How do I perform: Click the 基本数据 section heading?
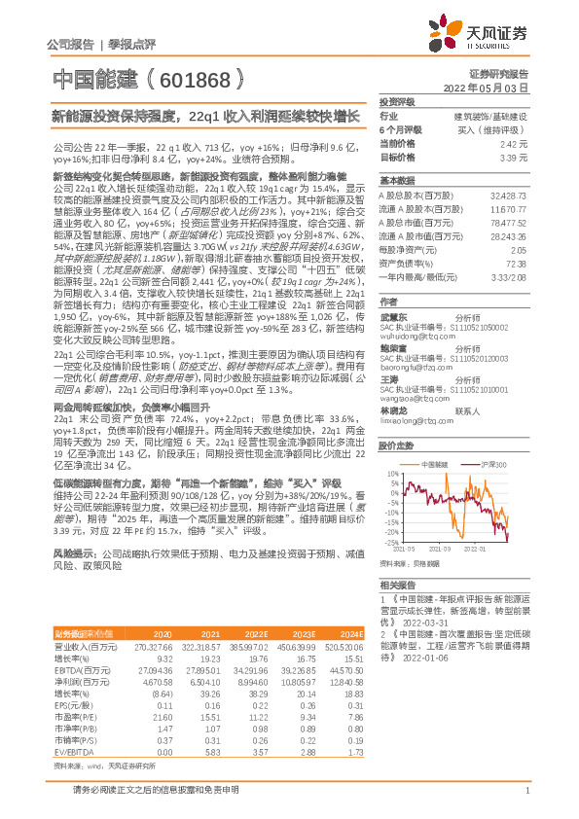point(396,181)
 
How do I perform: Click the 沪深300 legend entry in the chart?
point(489,465)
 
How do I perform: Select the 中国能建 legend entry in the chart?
point(432,465)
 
